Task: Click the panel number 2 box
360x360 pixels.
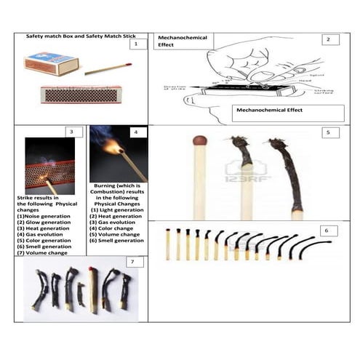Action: tap(328, 39)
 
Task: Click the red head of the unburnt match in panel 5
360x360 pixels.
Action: tap(199, 141)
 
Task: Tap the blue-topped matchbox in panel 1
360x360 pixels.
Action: tap(50, 65)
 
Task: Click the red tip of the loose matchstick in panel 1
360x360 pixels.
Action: tap(130, 65)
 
